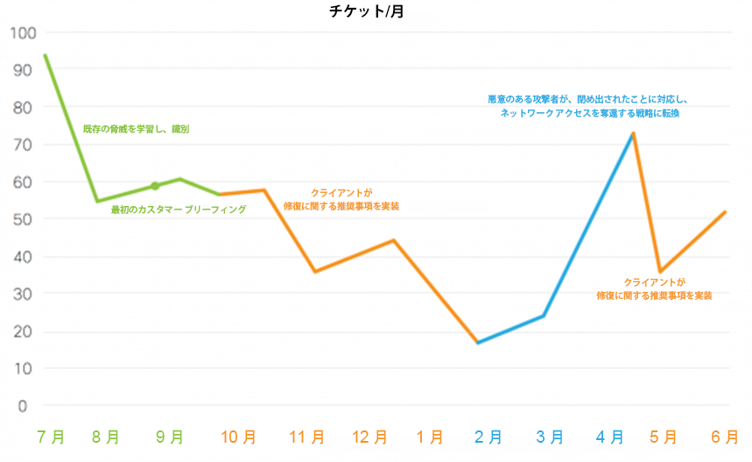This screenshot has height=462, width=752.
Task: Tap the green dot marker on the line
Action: tap(155, 186)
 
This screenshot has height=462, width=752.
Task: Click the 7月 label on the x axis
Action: tap(51, 437)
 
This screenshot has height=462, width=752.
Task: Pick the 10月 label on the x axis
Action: tap(238, 437)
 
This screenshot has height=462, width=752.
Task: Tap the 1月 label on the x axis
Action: tap(429, 437)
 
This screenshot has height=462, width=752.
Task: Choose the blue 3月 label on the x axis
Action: tap(550, 437)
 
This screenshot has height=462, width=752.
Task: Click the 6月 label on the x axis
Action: tap(725, 437)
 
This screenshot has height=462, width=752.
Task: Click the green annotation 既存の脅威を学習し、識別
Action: tap(136, 129)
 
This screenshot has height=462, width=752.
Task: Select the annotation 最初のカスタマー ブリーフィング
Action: tap(178, 210)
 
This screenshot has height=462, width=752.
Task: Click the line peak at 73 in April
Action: tap(632, 133)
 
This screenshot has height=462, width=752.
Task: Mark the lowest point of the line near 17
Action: tap(477, 342)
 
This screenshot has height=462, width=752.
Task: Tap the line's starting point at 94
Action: tap(45, 55)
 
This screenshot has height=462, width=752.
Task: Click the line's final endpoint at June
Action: tap(725, 212)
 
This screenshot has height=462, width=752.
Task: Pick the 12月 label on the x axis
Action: tap(369, 437)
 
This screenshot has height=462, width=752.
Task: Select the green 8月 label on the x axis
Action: tap(106, 437)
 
